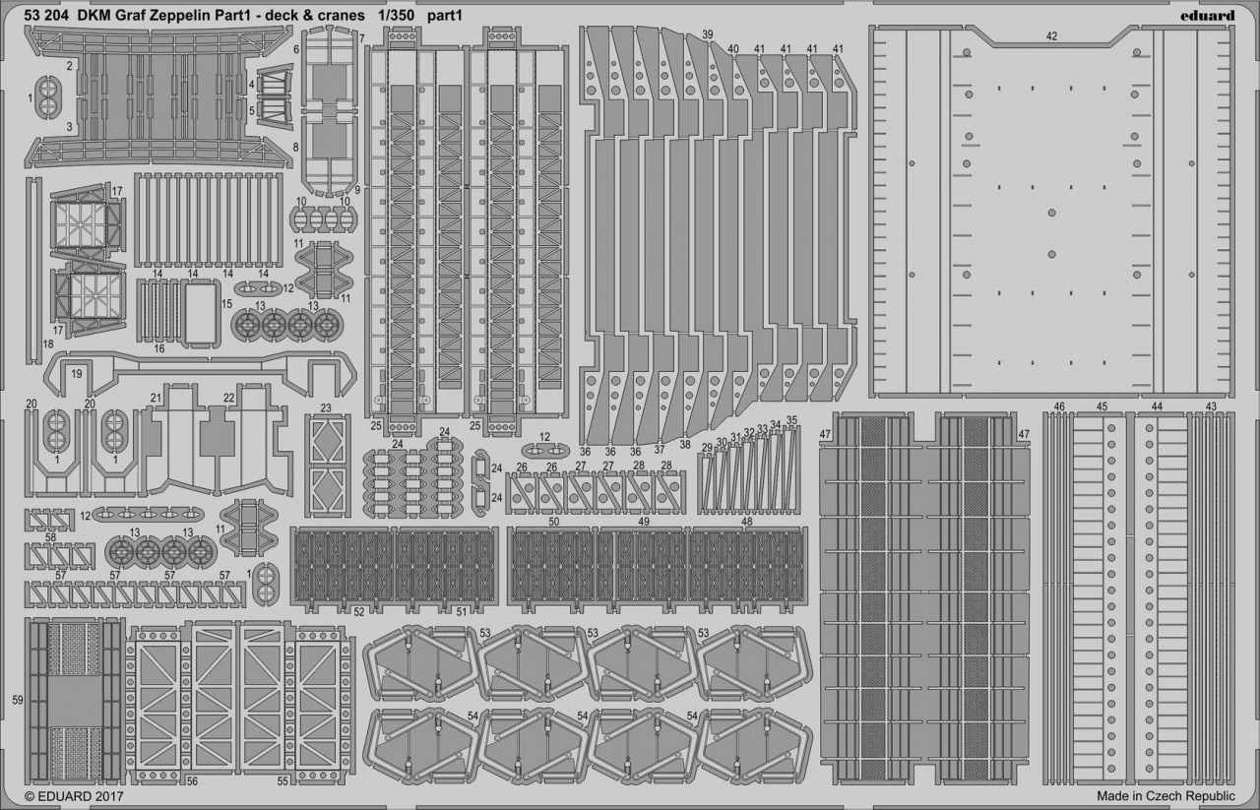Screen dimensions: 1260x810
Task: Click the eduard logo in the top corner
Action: [x=1207, y=15]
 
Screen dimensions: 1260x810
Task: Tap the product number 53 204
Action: [x=46, y=16]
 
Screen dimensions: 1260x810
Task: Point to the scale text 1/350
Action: [x=397, y=16]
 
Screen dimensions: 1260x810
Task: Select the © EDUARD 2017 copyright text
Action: [x=74, y=796]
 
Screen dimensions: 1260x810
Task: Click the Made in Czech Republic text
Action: [x=1165, y=796]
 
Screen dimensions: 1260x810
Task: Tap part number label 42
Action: [x=1051, y=36]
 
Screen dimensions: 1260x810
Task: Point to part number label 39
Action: [x=708, y=34]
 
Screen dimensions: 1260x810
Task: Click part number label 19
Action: [x=77, y=373]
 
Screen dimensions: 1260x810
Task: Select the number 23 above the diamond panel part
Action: [x=326, y=408]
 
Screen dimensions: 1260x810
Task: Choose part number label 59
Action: [x=18, y=701]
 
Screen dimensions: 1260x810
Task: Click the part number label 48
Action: [x=747, y=522]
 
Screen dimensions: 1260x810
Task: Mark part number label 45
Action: [x=1102, y=406]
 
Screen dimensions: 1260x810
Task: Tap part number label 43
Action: [x=1211, y=406]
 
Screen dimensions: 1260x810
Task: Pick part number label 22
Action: [x=228, y=398]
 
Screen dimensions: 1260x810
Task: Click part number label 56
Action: [x=192, y=781]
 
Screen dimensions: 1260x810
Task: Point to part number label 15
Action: [x=226, y=304]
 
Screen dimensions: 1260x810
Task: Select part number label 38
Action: [x=684, y=444]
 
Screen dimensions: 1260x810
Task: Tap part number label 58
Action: [x=50, y=537]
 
